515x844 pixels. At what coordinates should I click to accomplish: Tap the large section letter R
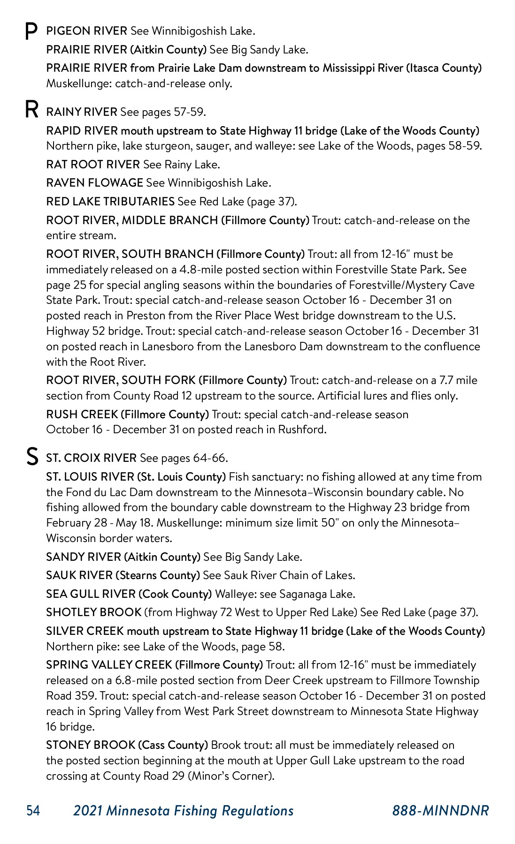pos(31,110)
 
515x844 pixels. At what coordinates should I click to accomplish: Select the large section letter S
pos(31,457)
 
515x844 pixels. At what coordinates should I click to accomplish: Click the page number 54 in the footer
pos(33,811)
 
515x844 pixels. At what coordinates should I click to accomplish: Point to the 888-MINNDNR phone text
pos(440,811)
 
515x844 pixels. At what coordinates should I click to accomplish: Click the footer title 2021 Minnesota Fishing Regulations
pos(183,811)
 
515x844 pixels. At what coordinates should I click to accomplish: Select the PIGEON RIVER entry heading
pos(86,31)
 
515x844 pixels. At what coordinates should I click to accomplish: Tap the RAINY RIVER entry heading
pos(82,112)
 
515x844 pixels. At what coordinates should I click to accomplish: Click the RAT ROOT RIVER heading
pos(93,165)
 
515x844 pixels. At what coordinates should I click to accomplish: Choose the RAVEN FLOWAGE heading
pos(94,183)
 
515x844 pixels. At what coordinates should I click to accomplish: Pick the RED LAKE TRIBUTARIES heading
pos(110,202)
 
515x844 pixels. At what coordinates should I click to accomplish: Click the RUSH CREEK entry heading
pos(82,414)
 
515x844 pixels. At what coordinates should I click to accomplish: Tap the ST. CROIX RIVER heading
pos(91,458)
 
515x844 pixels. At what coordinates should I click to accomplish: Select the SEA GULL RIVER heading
pos(91,594)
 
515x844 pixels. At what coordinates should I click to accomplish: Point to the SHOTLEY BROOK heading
pos(93,612)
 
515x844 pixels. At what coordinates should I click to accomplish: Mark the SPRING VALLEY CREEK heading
pos(109,665)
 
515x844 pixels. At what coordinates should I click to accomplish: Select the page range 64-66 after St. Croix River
pos(210,458)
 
